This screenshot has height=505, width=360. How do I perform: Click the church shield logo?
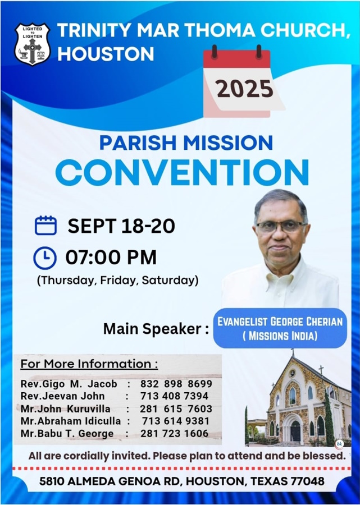point(32,44)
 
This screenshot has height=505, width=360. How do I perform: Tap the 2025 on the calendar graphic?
point(245,89)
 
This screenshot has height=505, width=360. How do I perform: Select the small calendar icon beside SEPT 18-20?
point(45,225)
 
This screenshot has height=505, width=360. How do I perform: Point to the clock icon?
point(45,258)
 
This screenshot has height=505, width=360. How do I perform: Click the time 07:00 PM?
point(111,258)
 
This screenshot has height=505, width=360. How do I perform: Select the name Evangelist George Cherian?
point(280,322)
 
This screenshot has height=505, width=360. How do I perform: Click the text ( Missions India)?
point(280,336)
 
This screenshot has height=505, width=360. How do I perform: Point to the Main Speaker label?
point(156,329)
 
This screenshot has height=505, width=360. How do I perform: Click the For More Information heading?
point(89,364)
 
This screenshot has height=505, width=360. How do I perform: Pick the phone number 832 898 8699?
point(176,384)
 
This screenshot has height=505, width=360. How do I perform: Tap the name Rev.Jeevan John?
point(62,396)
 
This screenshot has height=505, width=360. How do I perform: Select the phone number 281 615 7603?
point(176,408)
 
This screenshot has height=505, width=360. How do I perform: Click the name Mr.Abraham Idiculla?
point(71,421)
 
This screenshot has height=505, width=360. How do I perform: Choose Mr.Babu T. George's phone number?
point(174,434)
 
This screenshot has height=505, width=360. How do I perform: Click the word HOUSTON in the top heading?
point(106,54)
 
